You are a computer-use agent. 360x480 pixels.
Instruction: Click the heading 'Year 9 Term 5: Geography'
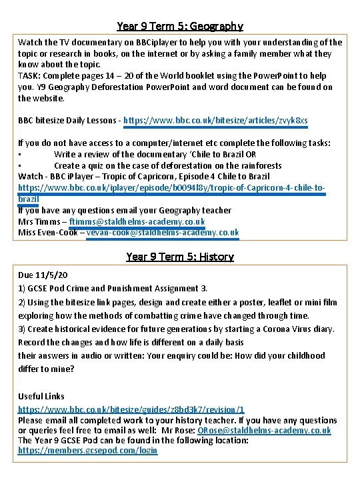pos(179,27)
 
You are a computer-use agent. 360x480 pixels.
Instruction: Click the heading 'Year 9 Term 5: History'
pos(179,257)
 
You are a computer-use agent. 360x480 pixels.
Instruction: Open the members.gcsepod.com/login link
pos(87,451)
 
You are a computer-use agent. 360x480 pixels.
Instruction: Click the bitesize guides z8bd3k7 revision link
pos(131,410)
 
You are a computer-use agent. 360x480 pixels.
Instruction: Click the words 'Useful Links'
pos(42,397)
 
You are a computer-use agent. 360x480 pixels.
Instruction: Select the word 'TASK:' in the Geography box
pos(31,76)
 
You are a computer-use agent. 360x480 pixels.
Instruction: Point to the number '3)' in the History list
pos(22,329)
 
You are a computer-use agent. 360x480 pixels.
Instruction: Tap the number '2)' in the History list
pos(22,302)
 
